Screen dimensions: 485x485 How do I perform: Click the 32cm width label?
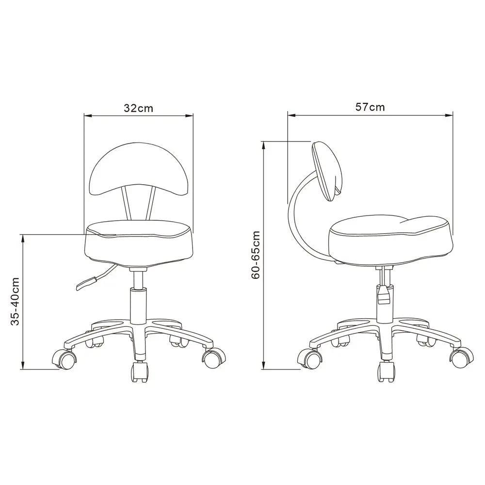[x=138, y=108]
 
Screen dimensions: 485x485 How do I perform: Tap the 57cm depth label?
[x=370, y=107]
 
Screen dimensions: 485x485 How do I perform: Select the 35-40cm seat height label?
[x=15, y=301]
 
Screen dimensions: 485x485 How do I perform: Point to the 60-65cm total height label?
[x=256, y=255]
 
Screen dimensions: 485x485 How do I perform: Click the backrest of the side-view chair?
[x=327, y=171]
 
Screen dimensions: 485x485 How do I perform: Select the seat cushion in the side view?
[x=390, y=241]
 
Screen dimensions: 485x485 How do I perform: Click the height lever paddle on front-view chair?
[x=87, y=283]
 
